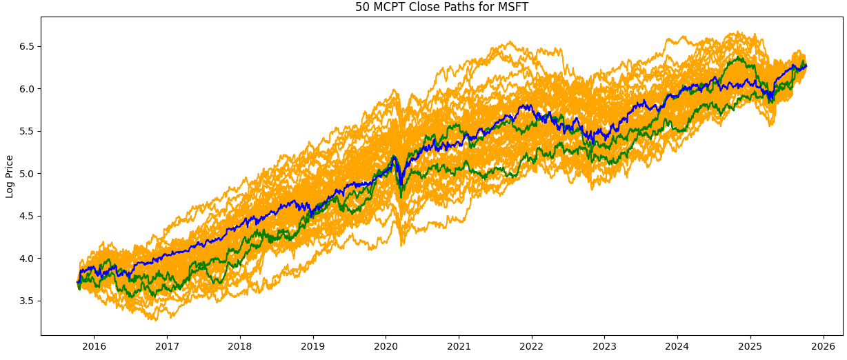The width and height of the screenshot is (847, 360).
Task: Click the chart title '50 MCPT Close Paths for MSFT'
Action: click(x=441, y=8)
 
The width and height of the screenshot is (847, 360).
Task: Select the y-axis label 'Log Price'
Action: click(x=10, y=176)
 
